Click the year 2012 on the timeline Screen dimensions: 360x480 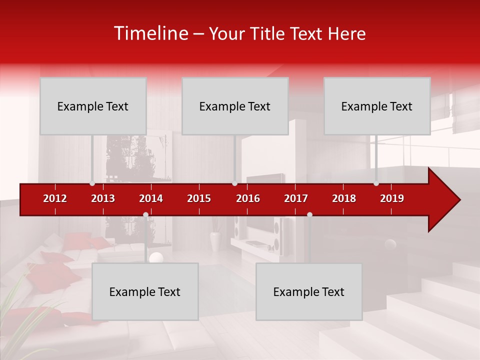55,198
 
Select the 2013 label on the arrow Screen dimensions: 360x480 103,198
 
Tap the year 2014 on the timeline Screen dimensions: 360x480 151,198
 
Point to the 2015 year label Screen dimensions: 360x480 199,198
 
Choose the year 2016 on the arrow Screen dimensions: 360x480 248,198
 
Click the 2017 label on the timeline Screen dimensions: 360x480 296,198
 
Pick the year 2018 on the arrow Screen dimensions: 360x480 344,198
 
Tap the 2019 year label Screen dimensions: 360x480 392,198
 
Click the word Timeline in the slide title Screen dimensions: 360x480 150,33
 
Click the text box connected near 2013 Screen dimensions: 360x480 93,106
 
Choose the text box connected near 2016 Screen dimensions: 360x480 235,106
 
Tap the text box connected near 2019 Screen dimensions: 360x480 377,106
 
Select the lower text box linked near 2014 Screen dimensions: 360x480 145,291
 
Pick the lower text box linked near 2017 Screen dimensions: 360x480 309,291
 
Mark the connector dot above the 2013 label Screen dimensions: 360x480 92,183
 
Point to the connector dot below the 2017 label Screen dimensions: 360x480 309,214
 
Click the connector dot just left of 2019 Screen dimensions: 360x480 376,183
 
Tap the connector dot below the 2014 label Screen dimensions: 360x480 145,214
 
